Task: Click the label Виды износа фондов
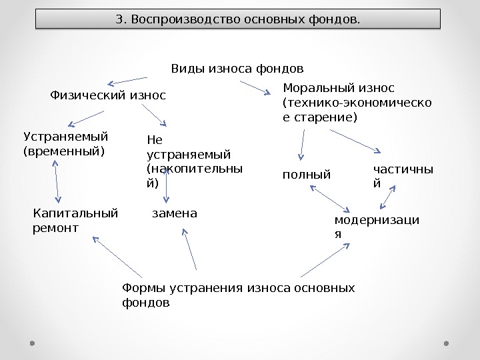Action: [x=237, y=69]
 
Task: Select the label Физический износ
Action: [x=108, y=95]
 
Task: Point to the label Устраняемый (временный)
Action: [x=65, y=143]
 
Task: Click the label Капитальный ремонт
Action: [x=75, y=221]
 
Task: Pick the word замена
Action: [x=175, y=214]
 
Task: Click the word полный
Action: [x=307, y=175]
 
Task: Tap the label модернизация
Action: [x=377, y=227]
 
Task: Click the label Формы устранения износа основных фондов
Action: [x=238, y=295]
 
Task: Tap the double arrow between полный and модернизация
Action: [x=328, y=197]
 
